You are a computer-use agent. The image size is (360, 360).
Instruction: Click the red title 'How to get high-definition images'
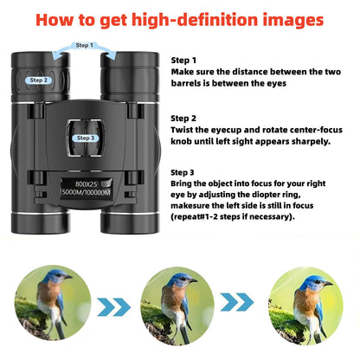pos(180,19)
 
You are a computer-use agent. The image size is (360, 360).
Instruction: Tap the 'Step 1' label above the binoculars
pos(84,44)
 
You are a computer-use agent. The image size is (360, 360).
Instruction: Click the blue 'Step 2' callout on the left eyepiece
pos(39,80)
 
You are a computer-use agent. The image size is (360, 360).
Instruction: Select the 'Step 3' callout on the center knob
pos(85,138)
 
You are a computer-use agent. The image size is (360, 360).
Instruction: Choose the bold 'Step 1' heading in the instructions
pos(184,61)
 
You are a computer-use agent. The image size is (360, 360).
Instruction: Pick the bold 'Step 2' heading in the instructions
pos(184,117)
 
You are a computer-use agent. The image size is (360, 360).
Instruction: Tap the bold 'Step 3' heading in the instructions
pos(184,172)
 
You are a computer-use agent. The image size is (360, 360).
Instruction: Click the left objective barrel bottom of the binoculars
pos(39,221)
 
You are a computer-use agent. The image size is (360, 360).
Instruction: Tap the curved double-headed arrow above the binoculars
pos(84,54)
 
